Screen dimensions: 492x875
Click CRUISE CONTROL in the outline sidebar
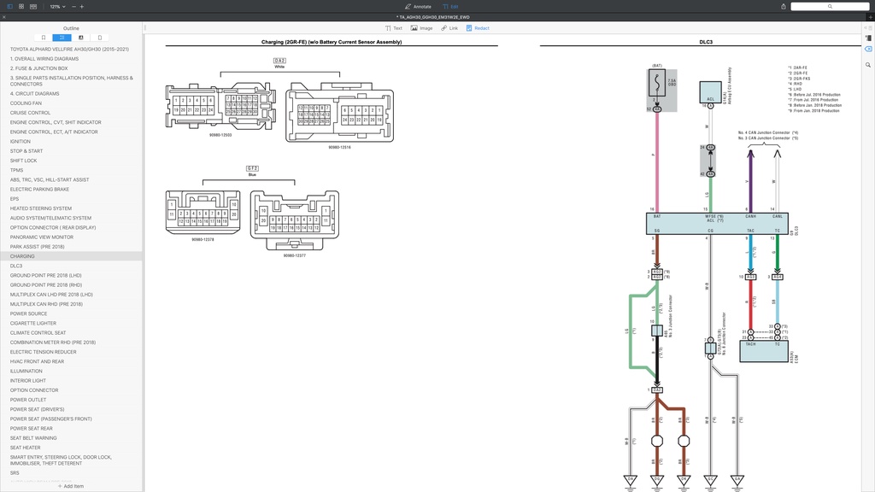click(x=30, y=113)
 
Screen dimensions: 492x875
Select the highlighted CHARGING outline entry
click(x=22, y=256)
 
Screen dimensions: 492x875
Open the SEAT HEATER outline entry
click(x=25, y=448)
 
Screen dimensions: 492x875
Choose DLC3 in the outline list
click(x=16, y=266)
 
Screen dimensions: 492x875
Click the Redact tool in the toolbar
click(x=478, y=28)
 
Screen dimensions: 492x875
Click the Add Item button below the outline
click(x=71, y=486)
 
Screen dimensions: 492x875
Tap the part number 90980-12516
click(x=339, y=148)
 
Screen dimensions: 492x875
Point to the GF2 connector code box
click(x=252, y=168)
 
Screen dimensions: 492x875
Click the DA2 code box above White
click(x=279, y=61)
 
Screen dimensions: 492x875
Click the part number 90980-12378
click(x=203, y=240)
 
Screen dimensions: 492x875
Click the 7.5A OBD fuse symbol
click(x=657, y=85)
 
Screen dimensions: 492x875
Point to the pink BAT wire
click(x=657, y=162)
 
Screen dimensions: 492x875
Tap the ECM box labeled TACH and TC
click(x=763, y=350)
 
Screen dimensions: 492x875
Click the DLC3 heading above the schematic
click(x=706, y=42)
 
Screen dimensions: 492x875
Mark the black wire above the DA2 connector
click(x=656, y=359)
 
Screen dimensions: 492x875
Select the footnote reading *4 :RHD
click(x=797, y=83)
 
